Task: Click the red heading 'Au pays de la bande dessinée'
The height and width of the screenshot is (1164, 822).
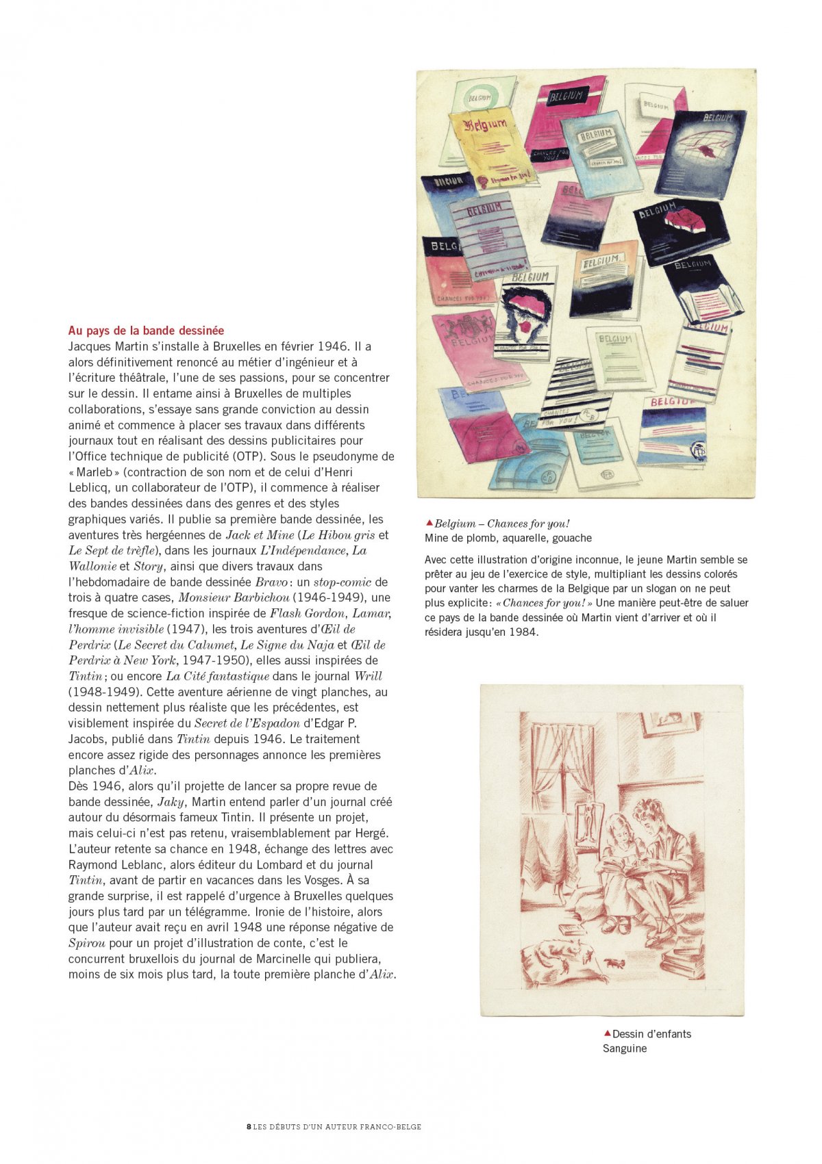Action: point(146,331)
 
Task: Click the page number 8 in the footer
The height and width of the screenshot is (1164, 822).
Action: point(248,1126)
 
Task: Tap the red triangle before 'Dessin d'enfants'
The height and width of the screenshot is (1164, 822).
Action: point(607,1033)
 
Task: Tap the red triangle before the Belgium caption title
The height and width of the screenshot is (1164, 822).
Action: point(429,523)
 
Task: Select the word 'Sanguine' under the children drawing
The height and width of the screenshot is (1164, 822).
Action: point(625,1048)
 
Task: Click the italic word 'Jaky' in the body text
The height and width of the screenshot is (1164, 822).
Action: point(171,802)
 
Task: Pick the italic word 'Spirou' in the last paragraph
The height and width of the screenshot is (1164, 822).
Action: point(86,943)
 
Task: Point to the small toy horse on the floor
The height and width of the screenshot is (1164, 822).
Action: point(614,963)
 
